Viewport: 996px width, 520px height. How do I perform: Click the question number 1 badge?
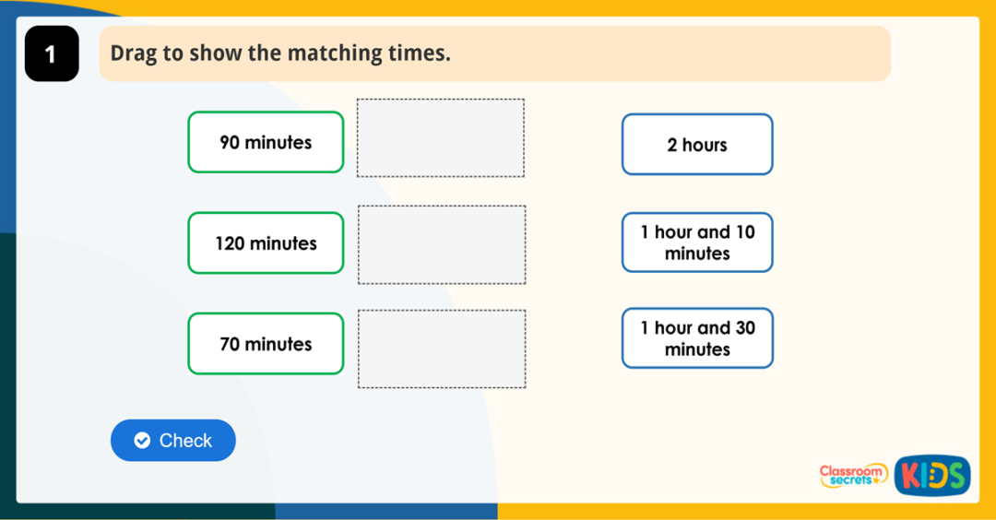[51, 54]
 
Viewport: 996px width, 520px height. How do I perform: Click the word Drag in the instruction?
[133, 53]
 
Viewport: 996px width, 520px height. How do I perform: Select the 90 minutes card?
[266, 142]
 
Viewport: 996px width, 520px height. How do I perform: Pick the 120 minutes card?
[266, 243]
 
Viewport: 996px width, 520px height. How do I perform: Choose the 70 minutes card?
[266, 344]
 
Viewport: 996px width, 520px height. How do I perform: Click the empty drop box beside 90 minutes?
[441, 137]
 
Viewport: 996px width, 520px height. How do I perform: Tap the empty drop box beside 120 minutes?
[442, 244]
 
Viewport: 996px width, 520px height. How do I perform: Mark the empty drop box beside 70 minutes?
[442, 349]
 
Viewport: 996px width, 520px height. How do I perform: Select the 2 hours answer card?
[697, 145]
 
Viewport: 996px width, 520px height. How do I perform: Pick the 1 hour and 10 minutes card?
[697, 242]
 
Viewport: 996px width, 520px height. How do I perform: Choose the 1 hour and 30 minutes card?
[697, 338]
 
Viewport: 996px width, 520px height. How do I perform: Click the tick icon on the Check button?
[142, 441]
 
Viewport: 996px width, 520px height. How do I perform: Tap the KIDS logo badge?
[931, 476]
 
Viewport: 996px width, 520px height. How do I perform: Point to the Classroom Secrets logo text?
[853, 475]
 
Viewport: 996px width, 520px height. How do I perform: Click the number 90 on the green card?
[230, 142]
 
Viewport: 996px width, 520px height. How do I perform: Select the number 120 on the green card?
[231, 243]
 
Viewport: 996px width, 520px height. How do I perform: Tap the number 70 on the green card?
[230, 344]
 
